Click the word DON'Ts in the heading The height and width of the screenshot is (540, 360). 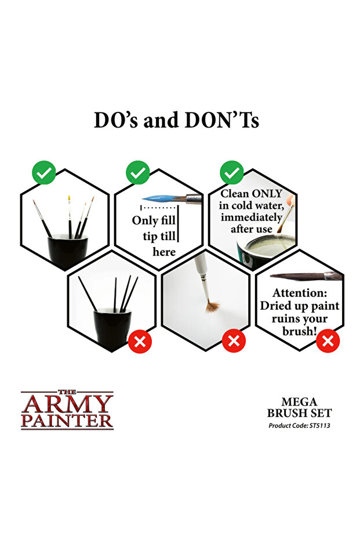click(222, 120)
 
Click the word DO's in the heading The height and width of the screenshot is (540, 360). click(116, 120)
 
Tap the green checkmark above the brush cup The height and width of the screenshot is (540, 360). click(43, 172)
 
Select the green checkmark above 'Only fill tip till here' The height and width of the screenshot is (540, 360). click(137, 172)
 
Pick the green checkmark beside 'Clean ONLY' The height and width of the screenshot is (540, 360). click(232, 172)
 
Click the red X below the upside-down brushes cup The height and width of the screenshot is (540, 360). click(140, 341)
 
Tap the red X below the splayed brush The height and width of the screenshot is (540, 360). click(234, 341)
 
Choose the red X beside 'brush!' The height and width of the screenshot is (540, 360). click(328, 341)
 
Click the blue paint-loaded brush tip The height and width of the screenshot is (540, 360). click(159, 199)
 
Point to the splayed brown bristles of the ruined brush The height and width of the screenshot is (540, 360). click(213, 306)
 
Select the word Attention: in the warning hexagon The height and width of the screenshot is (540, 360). click(300, 293)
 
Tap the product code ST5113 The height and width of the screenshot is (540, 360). click(320, 426)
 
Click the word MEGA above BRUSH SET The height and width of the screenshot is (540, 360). click(299, 402)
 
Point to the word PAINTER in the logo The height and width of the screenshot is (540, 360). click(67, 421)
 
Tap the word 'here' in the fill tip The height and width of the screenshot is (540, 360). click(164, 252)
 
